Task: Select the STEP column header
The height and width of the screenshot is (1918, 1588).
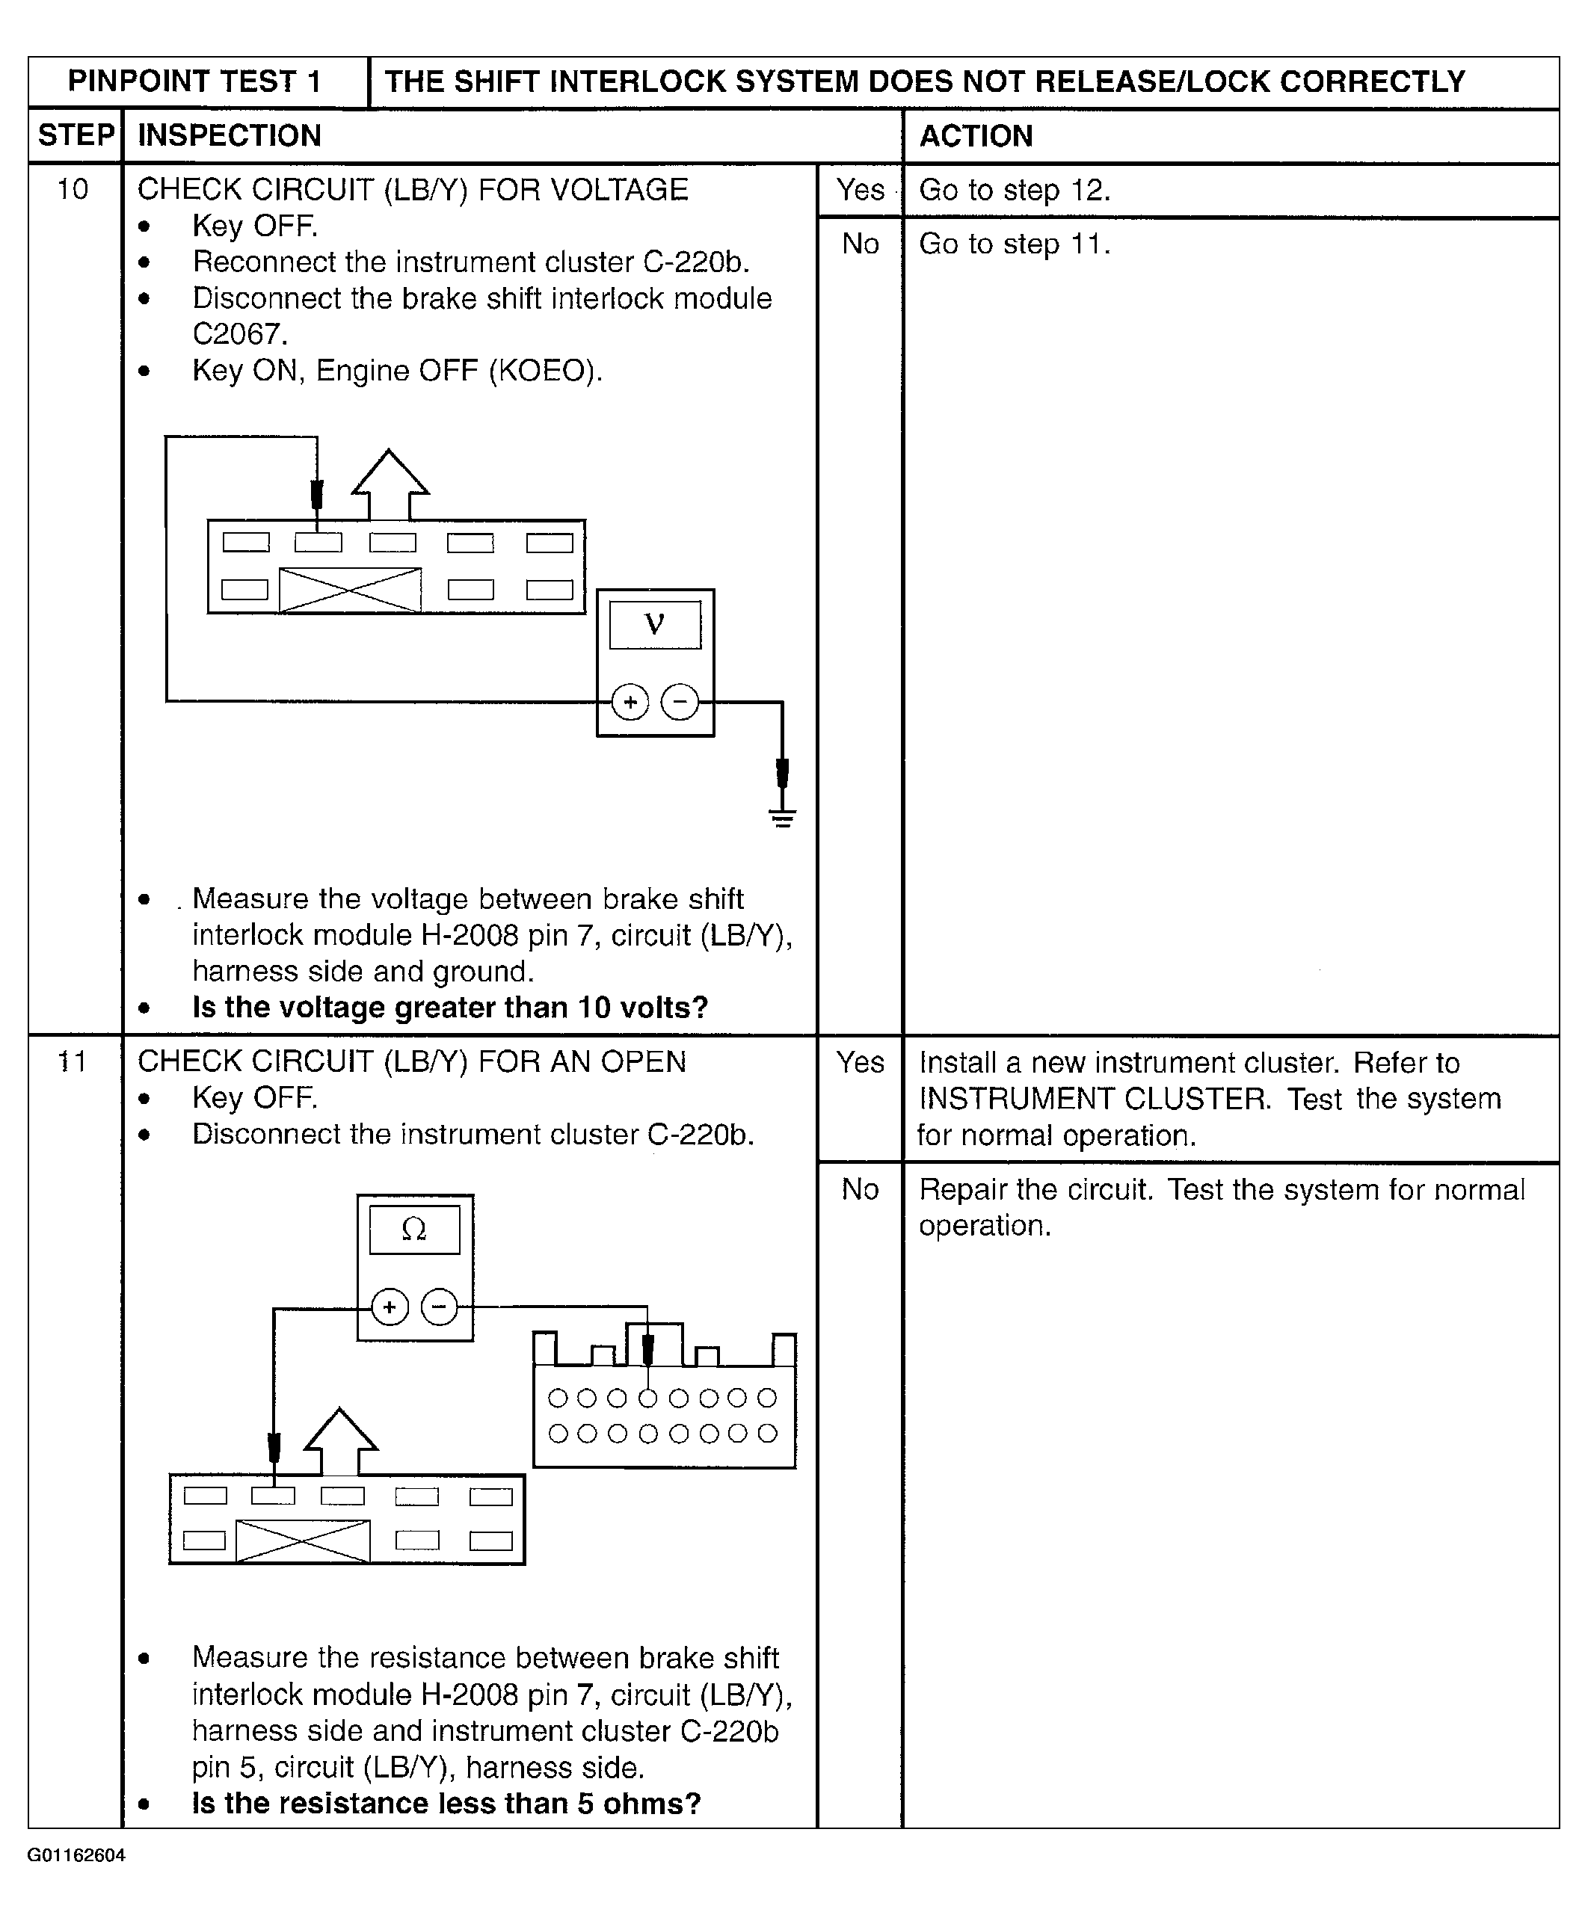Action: click(x=76, y=135)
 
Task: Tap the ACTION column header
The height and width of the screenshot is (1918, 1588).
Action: click(x=976, y=136)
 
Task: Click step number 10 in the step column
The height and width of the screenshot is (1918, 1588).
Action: click(x=73, y=190)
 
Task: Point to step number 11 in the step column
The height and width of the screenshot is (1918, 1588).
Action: click(x=73, y=1061)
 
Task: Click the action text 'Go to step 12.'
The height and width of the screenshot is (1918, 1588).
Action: click(x=1015, y=190)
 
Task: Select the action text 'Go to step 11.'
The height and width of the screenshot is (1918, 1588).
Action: click(x=1015, y=244)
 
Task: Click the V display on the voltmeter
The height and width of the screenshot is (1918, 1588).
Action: click(x=655, y=625)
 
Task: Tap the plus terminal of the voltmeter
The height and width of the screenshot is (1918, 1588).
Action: click(x=630, y=703)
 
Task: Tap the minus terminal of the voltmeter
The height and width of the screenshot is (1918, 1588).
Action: click(x=680, y=703)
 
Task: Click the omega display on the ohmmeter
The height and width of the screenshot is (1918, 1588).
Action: click(x=414, y=1230)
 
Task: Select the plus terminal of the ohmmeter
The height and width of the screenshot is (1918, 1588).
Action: click(x=390, y=1307)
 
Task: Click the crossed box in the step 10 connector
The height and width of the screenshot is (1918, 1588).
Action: click(x=350, y=590)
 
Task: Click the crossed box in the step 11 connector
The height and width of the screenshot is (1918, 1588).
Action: click(x=303, y=1542)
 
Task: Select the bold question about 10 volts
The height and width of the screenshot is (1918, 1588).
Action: click(x=449, y=1008)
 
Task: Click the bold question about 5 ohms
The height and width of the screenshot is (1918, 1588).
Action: click(x=446, y=1804)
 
